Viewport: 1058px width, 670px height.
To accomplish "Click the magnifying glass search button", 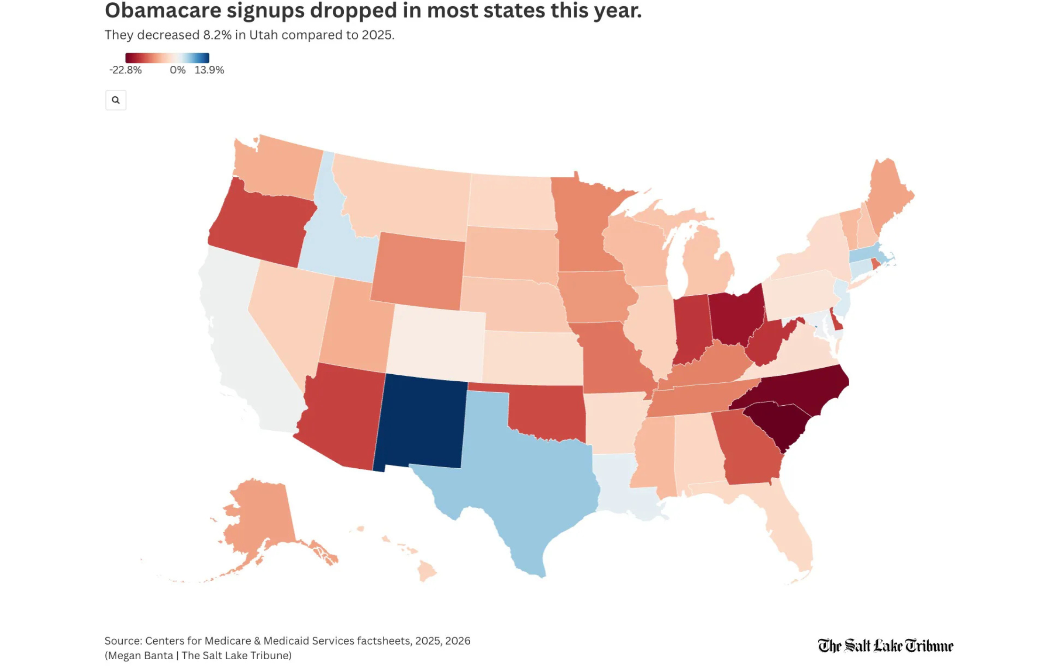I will coord(116,100).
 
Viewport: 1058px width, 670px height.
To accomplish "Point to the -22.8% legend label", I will coord(125,70).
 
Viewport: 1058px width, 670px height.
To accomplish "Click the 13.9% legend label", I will coord(209,70).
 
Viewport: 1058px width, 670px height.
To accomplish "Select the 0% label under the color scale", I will coord(177,70).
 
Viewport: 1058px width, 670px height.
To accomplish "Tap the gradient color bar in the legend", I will coord(167,58).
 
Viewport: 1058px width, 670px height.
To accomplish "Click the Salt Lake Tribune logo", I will coord(885,646).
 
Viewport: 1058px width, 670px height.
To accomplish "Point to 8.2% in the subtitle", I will coord(217,35).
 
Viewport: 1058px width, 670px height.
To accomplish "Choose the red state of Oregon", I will coord(259,221).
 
